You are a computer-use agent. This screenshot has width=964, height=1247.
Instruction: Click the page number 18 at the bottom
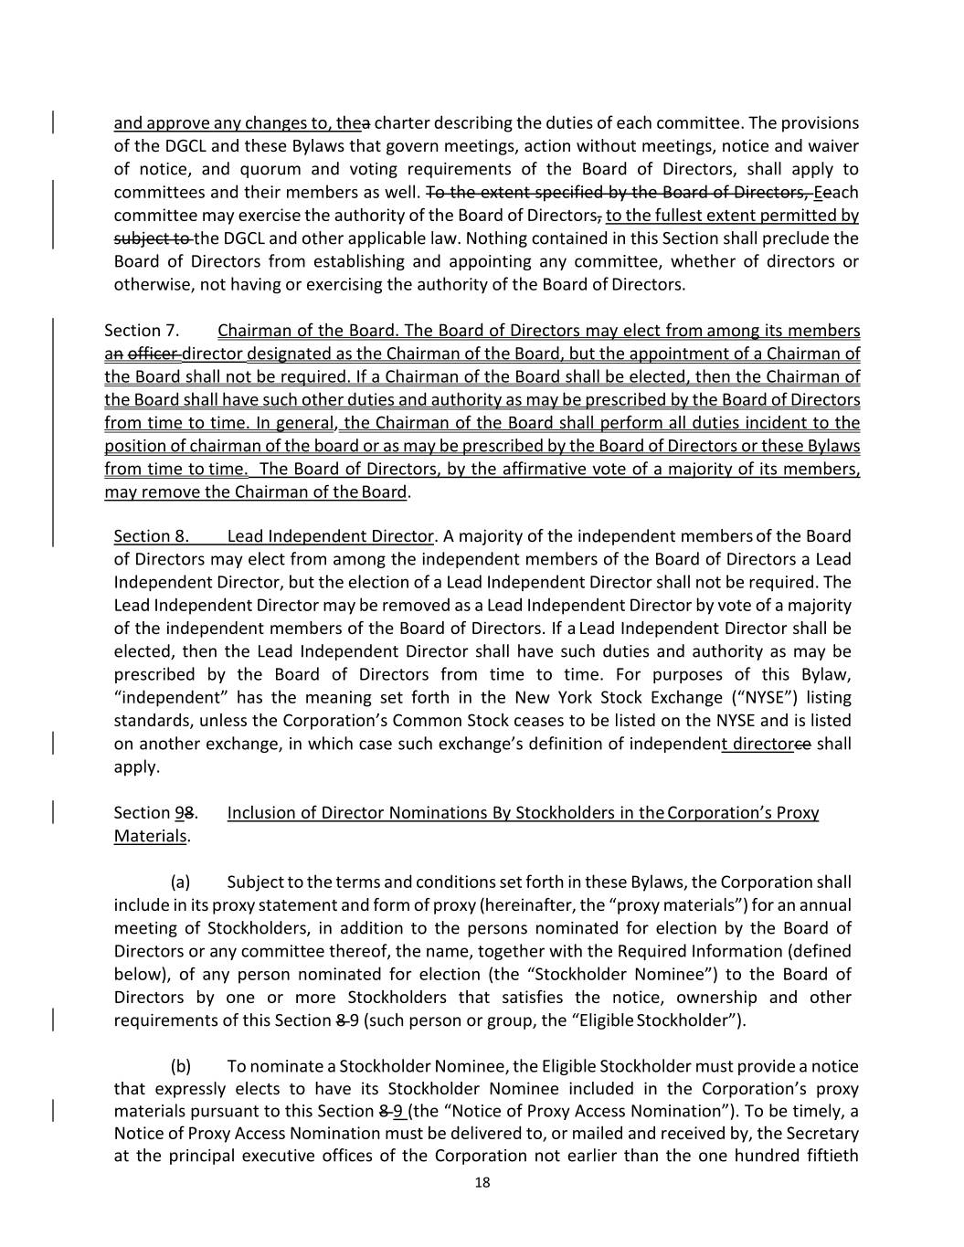(x=482, y=1183)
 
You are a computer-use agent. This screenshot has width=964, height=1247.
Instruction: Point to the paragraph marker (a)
(x=180, y=882)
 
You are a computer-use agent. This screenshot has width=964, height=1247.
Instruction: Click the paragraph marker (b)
(x=180, y=1066)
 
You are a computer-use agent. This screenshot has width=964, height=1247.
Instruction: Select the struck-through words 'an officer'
(x=142, y=354)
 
